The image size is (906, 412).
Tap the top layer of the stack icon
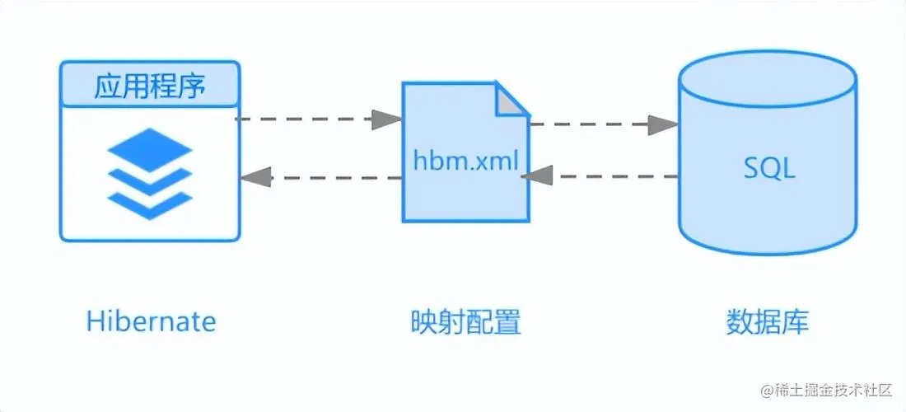coord(150,151)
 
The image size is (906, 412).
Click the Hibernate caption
coord(151,321)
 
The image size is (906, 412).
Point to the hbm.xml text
coord(465,161)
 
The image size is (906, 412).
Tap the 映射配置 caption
coord(465,321)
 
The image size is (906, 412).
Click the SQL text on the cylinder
coord(768,169)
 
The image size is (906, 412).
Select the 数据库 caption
coord(768,321)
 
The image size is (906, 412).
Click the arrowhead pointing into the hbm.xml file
coord(387,119)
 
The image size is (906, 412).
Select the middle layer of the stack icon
coord(150,178)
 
